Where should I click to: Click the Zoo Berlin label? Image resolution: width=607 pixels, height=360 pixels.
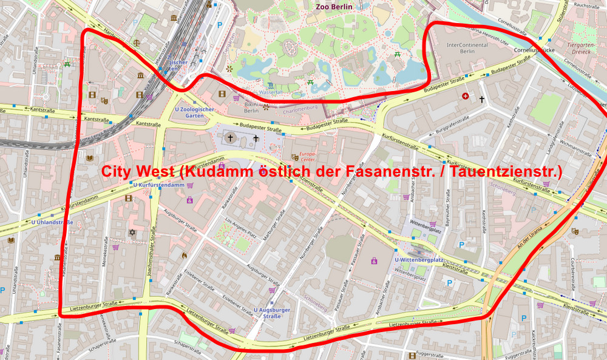(334, 7)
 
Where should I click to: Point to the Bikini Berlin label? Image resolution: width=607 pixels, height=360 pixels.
(251, 107)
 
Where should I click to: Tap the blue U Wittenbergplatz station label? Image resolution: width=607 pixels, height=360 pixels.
(418, 260)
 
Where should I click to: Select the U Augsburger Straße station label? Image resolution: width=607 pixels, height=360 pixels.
(272, 313)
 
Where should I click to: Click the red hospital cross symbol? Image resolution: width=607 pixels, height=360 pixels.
(466, 96)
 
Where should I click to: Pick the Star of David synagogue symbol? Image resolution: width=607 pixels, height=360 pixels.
(132, 233)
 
